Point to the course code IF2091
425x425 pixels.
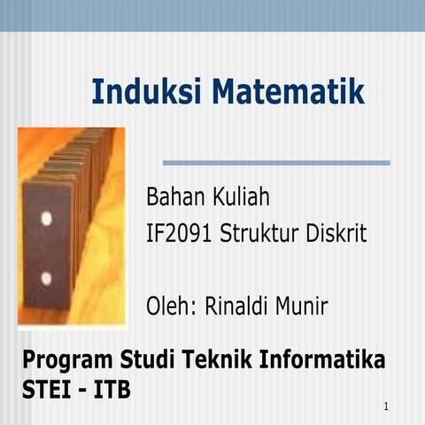[179, 235]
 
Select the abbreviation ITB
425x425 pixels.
[112, 389]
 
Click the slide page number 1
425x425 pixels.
[388, 406]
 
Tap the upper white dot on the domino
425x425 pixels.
[46, 218]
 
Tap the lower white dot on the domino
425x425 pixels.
[46, 278]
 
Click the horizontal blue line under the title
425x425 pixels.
[276, 163]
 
